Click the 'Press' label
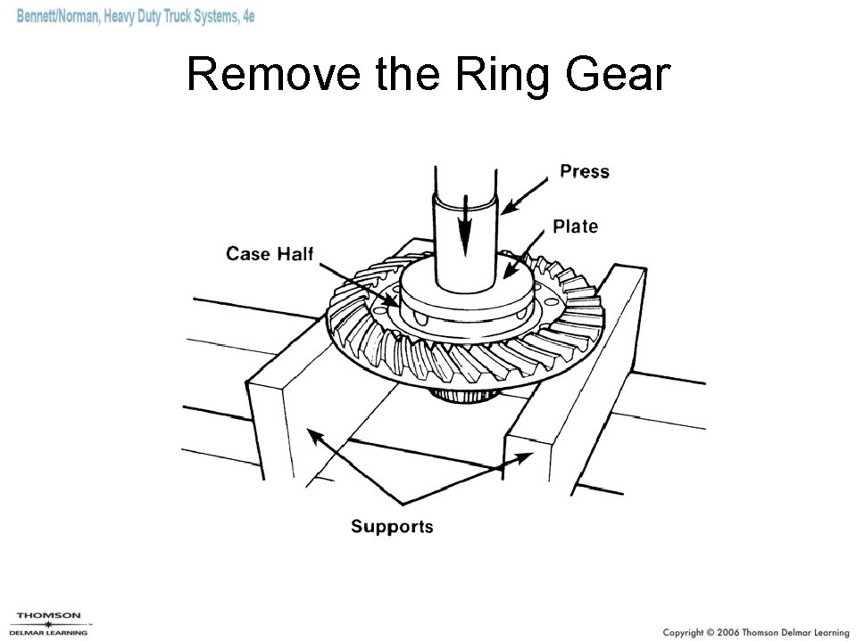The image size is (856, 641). coord(584,171)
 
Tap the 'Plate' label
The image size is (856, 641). coord(575,226)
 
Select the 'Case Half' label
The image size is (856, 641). coord(270,254)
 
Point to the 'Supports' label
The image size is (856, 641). coord(392,526)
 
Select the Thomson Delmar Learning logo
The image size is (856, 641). coord(50,623)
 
